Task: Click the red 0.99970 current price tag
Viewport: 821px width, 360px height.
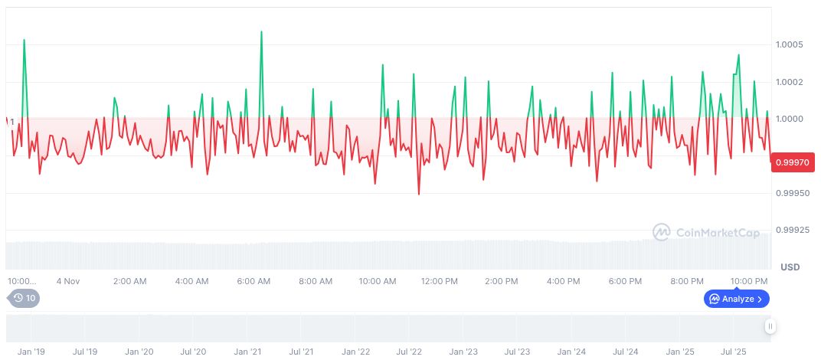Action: (793, 162)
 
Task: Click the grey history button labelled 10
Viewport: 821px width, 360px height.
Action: (24, 299)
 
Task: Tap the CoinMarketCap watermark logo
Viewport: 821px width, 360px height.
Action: (705, 232)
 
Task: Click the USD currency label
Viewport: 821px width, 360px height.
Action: (790, 267)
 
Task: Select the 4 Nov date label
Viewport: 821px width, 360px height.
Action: (67, 281)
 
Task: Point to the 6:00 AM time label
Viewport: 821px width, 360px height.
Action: (253, 281)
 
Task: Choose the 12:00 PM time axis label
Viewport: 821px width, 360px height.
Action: (440, 281)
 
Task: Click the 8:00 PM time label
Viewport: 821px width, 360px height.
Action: (687, 281)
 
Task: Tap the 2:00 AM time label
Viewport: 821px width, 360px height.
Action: (129, 281)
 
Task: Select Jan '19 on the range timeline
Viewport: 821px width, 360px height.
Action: (31, 352)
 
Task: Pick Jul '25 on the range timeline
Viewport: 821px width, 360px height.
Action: (734, 352)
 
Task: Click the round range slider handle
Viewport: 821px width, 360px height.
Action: (770, 327)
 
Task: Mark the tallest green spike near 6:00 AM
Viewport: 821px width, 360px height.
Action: (261, 32)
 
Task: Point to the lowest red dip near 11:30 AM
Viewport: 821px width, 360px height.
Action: (419, 194)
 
